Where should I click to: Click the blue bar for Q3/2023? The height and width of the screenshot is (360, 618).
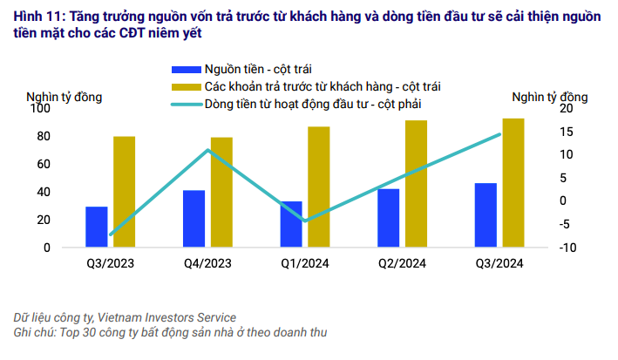click(x=96, y=227)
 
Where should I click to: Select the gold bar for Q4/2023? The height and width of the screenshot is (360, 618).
click(x=221, y=192)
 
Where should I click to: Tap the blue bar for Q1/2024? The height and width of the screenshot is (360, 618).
click(x=291, y=224)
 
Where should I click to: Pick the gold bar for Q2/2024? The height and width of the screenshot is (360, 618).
click(x=416, y=183)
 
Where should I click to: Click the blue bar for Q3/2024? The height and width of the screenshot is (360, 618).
click(x=486, y=215)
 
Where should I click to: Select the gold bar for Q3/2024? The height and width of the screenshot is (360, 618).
click(x=513, y=182)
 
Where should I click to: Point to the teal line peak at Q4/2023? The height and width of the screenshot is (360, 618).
click(x=207, y=150)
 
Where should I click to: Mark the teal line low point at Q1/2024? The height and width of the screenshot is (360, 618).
click(x=304, y=221)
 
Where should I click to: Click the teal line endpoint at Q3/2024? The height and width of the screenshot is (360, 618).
click(x=499, y=134)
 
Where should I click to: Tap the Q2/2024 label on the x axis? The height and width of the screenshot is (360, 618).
click(x=402, y=262)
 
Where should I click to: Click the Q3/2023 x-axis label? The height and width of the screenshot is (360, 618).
click(x=110, y=262)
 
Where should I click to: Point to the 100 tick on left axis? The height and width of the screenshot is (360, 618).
click(x=40, y=108)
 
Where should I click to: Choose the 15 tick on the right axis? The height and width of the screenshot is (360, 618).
click(x=566, y=132)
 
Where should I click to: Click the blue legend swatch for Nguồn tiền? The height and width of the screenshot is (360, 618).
click(x=185, y=69)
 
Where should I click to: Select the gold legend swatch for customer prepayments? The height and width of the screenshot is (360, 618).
click(x=185, y=86)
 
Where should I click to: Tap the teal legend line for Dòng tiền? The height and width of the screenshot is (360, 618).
click(x=185, y=105)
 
